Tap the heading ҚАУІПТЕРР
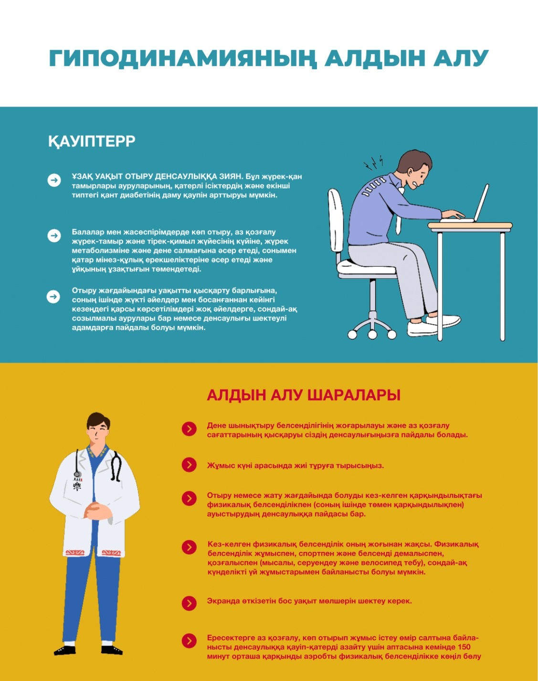(92, 141)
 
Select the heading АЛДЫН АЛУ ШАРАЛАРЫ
(304, 395)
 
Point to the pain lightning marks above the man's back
(373, 162)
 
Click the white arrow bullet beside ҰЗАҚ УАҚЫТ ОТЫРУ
(54, 180)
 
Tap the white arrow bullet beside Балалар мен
(54, 236)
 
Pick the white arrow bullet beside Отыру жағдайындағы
(53, 296)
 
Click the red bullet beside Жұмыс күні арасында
(189, 465)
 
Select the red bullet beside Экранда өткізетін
(189, 603)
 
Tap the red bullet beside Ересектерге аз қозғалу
(189, 641)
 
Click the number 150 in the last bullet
(464, 647)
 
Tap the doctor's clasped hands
(97, 510)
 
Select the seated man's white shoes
(433, 325)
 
